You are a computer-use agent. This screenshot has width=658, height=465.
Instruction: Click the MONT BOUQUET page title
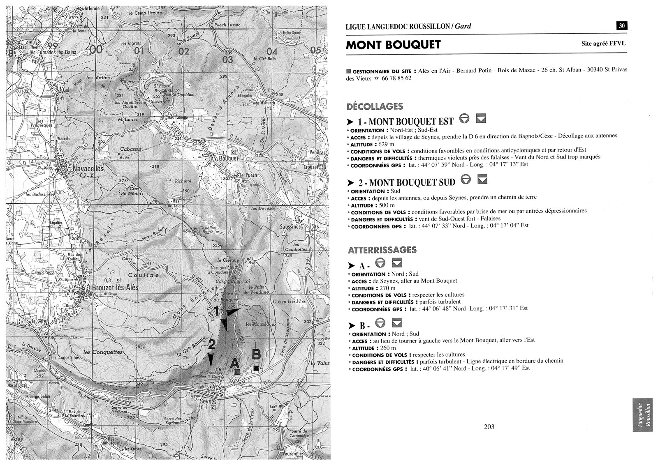click(x=393, y=45)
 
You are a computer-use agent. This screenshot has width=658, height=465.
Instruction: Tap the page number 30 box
click(x=621, y=26)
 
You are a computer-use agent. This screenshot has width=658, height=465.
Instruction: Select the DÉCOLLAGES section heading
click(x=375, y=107)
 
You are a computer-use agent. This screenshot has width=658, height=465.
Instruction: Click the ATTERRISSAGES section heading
click(x=382, y=250)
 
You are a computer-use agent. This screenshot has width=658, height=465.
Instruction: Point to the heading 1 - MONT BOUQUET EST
click(x=405, y=122)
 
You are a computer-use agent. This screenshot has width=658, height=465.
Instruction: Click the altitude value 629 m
click(x=386, y=145)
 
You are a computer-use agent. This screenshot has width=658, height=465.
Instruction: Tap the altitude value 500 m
click(x=386, y=205)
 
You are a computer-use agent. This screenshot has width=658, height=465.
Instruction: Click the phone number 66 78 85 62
click(x=396, y=78)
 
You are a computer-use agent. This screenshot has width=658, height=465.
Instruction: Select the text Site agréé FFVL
click(x=603, y=43)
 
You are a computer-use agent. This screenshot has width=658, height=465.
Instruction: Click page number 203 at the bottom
click(x=489, y=427)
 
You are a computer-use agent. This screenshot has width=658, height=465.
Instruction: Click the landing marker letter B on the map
click(x=256, y=354)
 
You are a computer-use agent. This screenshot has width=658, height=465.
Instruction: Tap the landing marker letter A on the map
click(x=234, y=363)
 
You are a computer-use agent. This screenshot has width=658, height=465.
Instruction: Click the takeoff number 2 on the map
click(x=212, y=345)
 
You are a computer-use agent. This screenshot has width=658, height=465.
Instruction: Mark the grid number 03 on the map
click(x=227, y=60)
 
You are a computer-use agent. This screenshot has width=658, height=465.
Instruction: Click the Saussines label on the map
click(x=290, y=227)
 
